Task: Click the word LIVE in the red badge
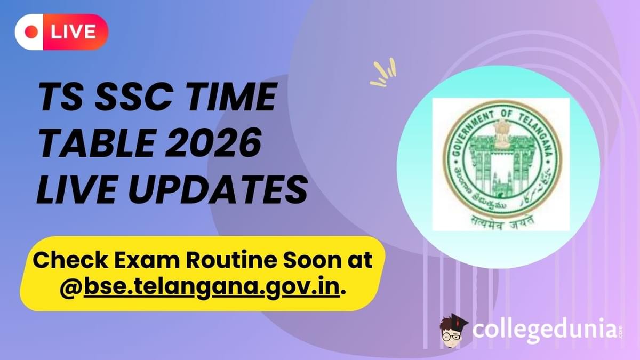[x=73, y=32]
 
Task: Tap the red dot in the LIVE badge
[x=33, y=32]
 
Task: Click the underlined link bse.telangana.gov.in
[x=211, y=289]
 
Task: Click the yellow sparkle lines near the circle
[x=383, y=74]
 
